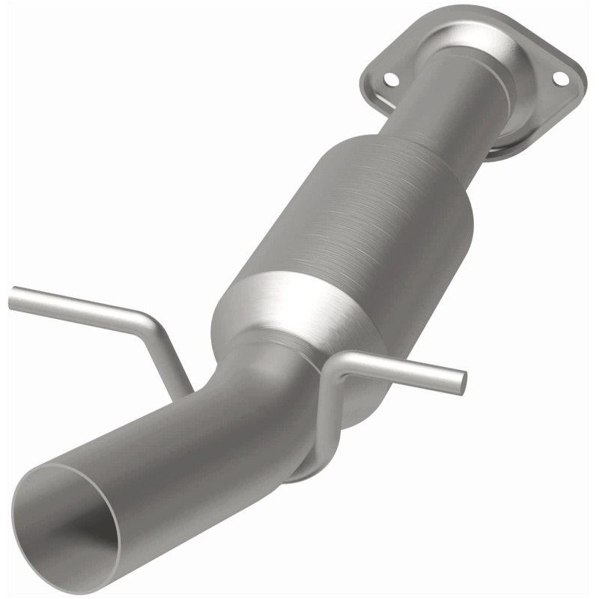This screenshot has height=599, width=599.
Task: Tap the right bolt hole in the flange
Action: click(x=558, y=78)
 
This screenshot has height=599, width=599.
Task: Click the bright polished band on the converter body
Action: click(x=299, y=299)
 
